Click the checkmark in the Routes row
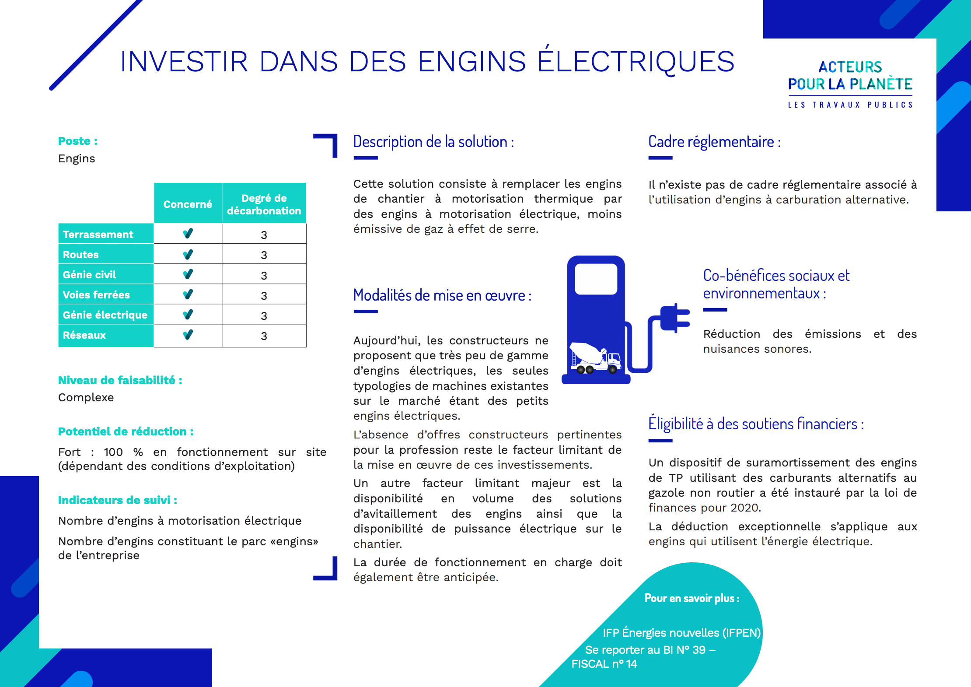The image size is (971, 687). pos(188,254)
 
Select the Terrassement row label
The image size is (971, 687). pos(98,235)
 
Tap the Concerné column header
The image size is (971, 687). pos(188,204)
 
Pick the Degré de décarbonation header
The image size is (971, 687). pos(264,204)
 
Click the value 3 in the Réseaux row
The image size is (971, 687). pos(264,336)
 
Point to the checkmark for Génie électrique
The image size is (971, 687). pos(188,315)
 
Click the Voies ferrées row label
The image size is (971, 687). pos(96,295)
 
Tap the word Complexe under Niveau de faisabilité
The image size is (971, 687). pos(86,397)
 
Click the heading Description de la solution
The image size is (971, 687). pos(433,142)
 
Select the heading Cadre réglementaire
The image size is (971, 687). pos(714,142)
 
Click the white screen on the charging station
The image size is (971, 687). pos(596,279)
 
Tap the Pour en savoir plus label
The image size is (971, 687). pos(692,598)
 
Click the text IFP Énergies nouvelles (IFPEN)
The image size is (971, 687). pos(681,633)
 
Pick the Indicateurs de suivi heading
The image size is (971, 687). pos(118,500)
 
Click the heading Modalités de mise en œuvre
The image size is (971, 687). pos(442,295)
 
